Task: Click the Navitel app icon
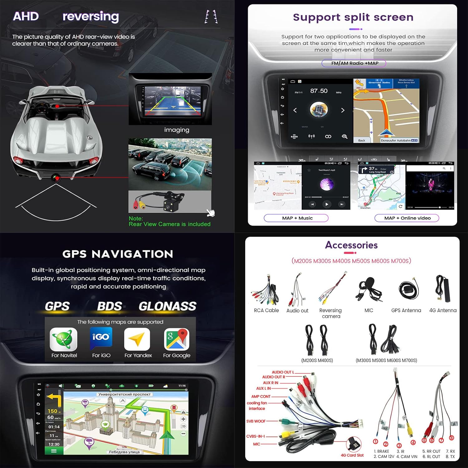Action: click(64, 339)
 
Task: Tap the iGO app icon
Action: click(101, 338)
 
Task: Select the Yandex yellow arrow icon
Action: click(137, 339)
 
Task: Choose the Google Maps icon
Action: click(177, 339)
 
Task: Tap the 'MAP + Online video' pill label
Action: click(407, 218)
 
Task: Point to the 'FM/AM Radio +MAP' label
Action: click(354, 63)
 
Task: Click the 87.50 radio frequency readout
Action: click(319, 91)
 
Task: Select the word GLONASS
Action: click(168, 306)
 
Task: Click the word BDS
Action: click(110, 306)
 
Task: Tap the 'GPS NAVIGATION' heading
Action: click(118, 254)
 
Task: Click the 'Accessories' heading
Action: click(351, 245)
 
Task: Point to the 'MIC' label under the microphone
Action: click(369, 310)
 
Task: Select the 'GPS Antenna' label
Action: click(406, 310)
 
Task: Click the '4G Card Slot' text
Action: click(352, 455)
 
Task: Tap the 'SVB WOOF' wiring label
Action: click(256, 421)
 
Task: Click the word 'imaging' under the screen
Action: click(177, 130)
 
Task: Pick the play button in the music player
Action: click(327, 204)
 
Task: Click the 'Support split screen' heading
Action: click(353, 17)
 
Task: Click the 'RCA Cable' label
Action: click(266, 310)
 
